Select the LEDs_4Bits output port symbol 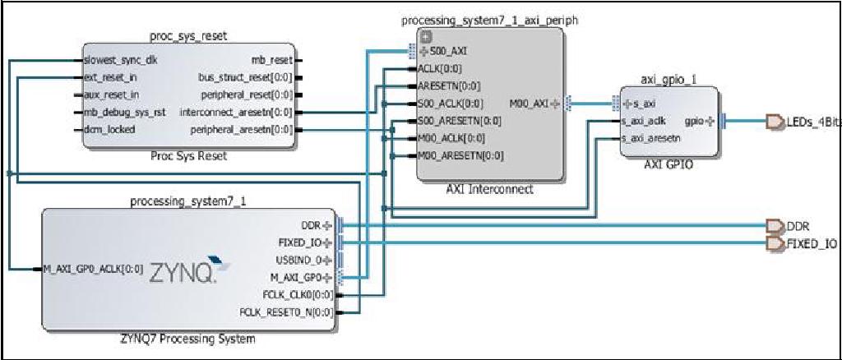[x=774, y=122]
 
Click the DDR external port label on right [x=799, y=226]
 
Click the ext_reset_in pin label [x=110, y=78]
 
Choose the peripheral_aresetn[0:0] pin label [x=241, y=130]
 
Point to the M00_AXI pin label [x=530, y=104]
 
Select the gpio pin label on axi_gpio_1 [x=694, y=121]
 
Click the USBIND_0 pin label [x=302, y=260]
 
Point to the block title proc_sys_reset [x=188, y=36]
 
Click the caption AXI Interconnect [x=489, y=189]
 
